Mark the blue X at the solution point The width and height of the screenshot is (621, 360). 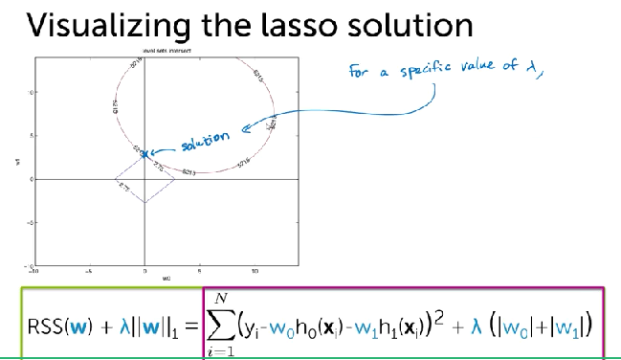click(144, 153)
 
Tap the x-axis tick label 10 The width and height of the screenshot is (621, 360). click(255, 272)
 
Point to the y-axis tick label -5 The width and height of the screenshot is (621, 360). click(30, 223)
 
